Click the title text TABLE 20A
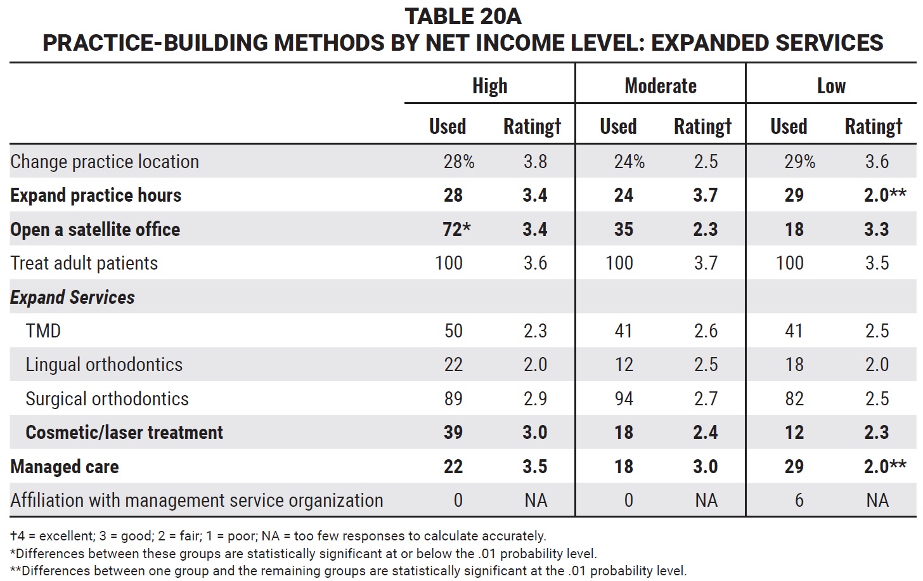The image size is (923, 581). [463, 16]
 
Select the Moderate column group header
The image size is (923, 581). [661, 86]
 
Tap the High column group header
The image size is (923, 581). [490, 86]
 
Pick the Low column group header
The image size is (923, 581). [832, 86]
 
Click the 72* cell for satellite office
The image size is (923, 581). [456, 229]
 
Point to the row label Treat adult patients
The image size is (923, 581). [84, 263]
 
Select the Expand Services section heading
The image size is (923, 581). [72, 297]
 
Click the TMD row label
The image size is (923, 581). [43, 330]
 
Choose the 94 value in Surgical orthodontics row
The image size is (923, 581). [623, 399]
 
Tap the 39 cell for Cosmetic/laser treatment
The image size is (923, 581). [453, 433]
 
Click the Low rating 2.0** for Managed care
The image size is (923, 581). [885, 466]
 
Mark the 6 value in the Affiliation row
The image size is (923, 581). [799, 500]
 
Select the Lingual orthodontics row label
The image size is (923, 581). [104, 365]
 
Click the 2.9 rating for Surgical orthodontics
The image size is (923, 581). [535, 399]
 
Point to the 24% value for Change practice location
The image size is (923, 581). [629, 162]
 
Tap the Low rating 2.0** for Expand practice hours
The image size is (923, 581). [885, 195]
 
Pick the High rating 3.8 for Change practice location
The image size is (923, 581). [535, 162]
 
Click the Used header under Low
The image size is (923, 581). [789, 126]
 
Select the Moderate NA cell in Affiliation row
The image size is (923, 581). [706, 500]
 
